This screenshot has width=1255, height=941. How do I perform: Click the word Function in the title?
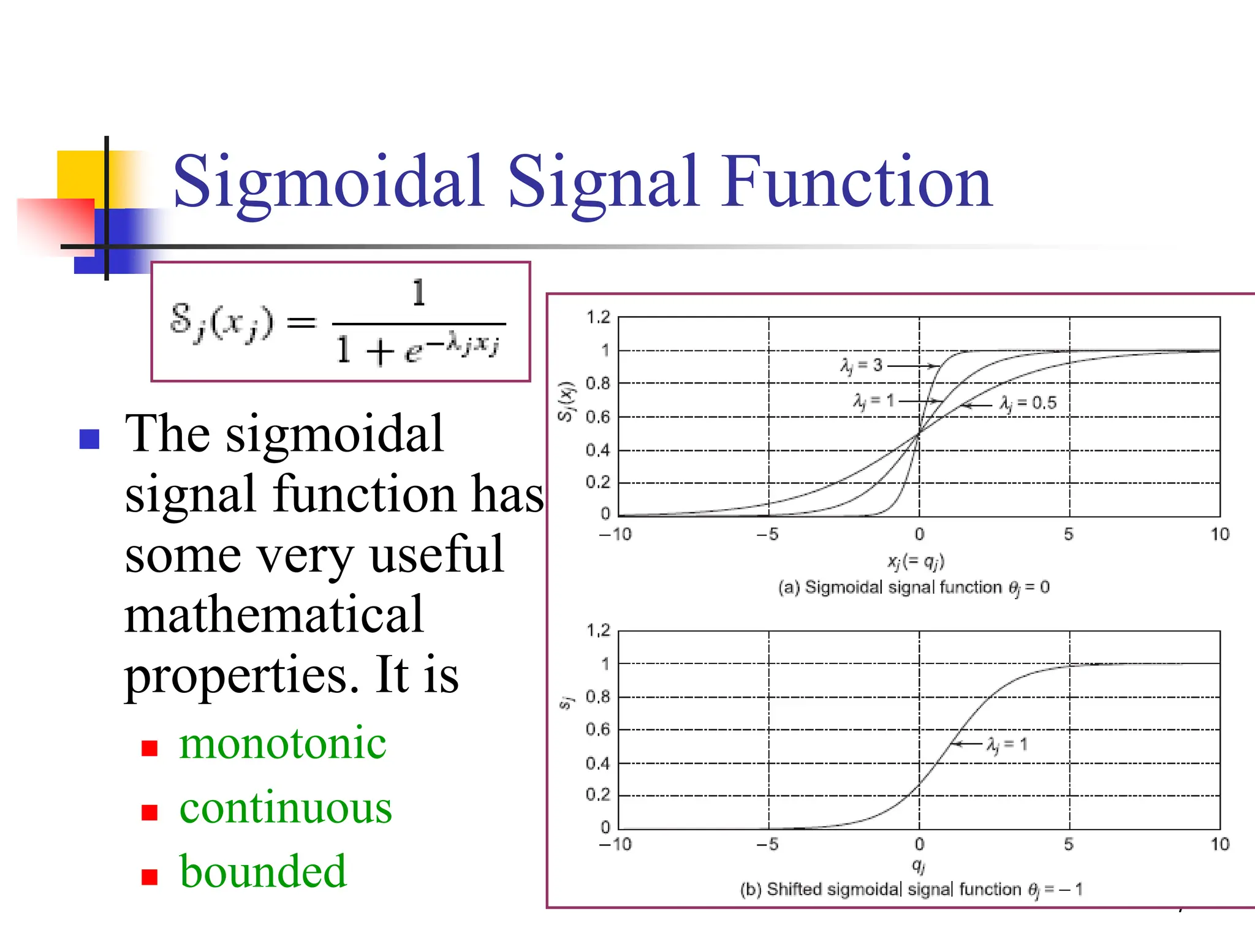pyautogui.click(x=857, y=181)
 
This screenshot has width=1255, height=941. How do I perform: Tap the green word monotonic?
pyautogui.click(x=282, y=743)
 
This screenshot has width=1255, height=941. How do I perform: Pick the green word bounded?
pyautogui.click(x=263, y=871)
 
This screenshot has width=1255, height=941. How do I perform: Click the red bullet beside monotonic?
pyautogui.click(x=150, y=748)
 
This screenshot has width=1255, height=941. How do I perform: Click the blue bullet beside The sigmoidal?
pyautogui.click(x=89, y=439)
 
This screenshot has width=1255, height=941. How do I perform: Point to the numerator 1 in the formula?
pyautogui.click(x=419, y=292)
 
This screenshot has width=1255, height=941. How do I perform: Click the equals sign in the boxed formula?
pyautogui.click(x=301, y=322)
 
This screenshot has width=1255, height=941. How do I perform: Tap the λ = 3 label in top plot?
pyautogui.click(x=861, y=366)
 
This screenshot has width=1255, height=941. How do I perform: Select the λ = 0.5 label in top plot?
pyautogui.click(x=1028, y=403)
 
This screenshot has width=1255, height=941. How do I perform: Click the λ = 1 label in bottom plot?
pyautogui.click(x=1006, y=744)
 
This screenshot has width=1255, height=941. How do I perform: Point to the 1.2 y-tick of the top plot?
pyautogui.click(x=598, y=317)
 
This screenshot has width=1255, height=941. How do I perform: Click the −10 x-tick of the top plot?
pyautogui.click(x=615, y=534)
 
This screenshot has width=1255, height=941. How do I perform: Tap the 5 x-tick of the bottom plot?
pyautogui.click(x=1069, y=844)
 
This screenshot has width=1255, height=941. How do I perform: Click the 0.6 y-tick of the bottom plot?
pyautogui.click(x=598, y=730)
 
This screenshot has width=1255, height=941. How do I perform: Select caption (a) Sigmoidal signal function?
pyautogui.click(x=914, y=588)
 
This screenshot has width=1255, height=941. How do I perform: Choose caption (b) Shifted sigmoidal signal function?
pyautogui.click(x=911, y=890)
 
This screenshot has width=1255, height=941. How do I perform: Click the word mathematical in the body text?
pyautogui.click(x=274, y=614)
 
